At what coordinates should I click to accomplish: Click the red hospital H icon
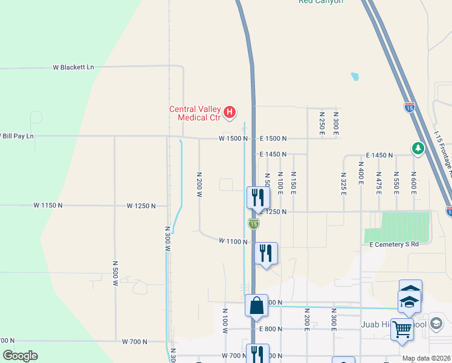[230, 112]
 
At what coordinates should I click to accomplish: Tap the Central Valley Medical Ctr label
[194, 113]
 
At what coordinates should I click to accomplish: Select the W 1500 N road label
[233, 139]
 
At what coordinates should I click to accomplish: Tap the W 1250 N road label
[141, 206]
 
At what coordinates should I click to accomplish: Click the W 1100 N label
[233, 241]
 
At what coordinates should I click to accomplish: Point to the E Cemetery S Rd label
[394, 244]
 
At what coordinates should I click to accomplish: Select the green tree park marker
[418, 148]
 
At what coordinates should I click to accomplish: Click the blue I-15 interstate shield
[410, 108]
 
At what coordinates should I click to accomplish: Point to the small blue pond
[355, 77]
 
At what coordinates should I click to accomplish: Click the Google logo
[20, 356]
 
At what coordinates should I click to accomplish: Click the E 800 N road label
[271, 329]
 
